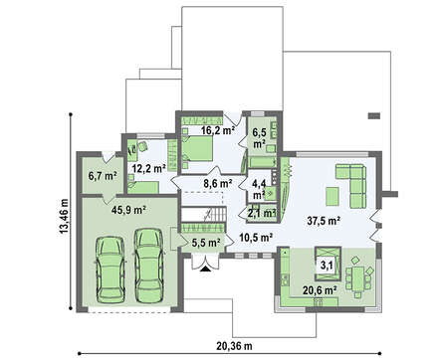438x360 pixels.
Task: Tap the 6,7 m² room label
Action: tap(102, 176)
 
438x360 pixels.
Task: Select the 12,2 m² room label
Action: tap(149, 169)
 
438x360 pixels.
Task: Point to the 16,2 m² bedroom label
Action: tap(218, 130)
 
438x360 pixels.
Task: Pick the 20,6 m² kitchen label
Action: tap(320, 290)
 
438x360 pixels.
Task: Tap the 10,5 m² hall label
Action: tap(256, 238)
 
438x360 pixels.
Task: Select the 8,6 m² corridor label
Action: tap(218, 183)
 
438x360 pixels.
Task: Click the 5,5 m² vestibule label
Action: tap(206, 244)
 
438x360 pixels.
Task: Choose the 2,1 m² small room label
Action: tap(262, 214)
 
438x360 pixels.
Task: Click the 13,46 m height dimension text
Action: tap(64, 216)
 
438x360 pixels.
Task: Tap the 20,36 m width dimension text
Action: tap(234, 346)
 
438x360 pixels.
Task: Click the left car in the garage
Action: tap(110, 270)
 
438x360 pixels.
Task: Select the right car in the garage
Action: tap(148, 266)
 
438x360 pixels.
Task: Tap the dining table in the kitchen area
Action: tap(357, 276)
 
